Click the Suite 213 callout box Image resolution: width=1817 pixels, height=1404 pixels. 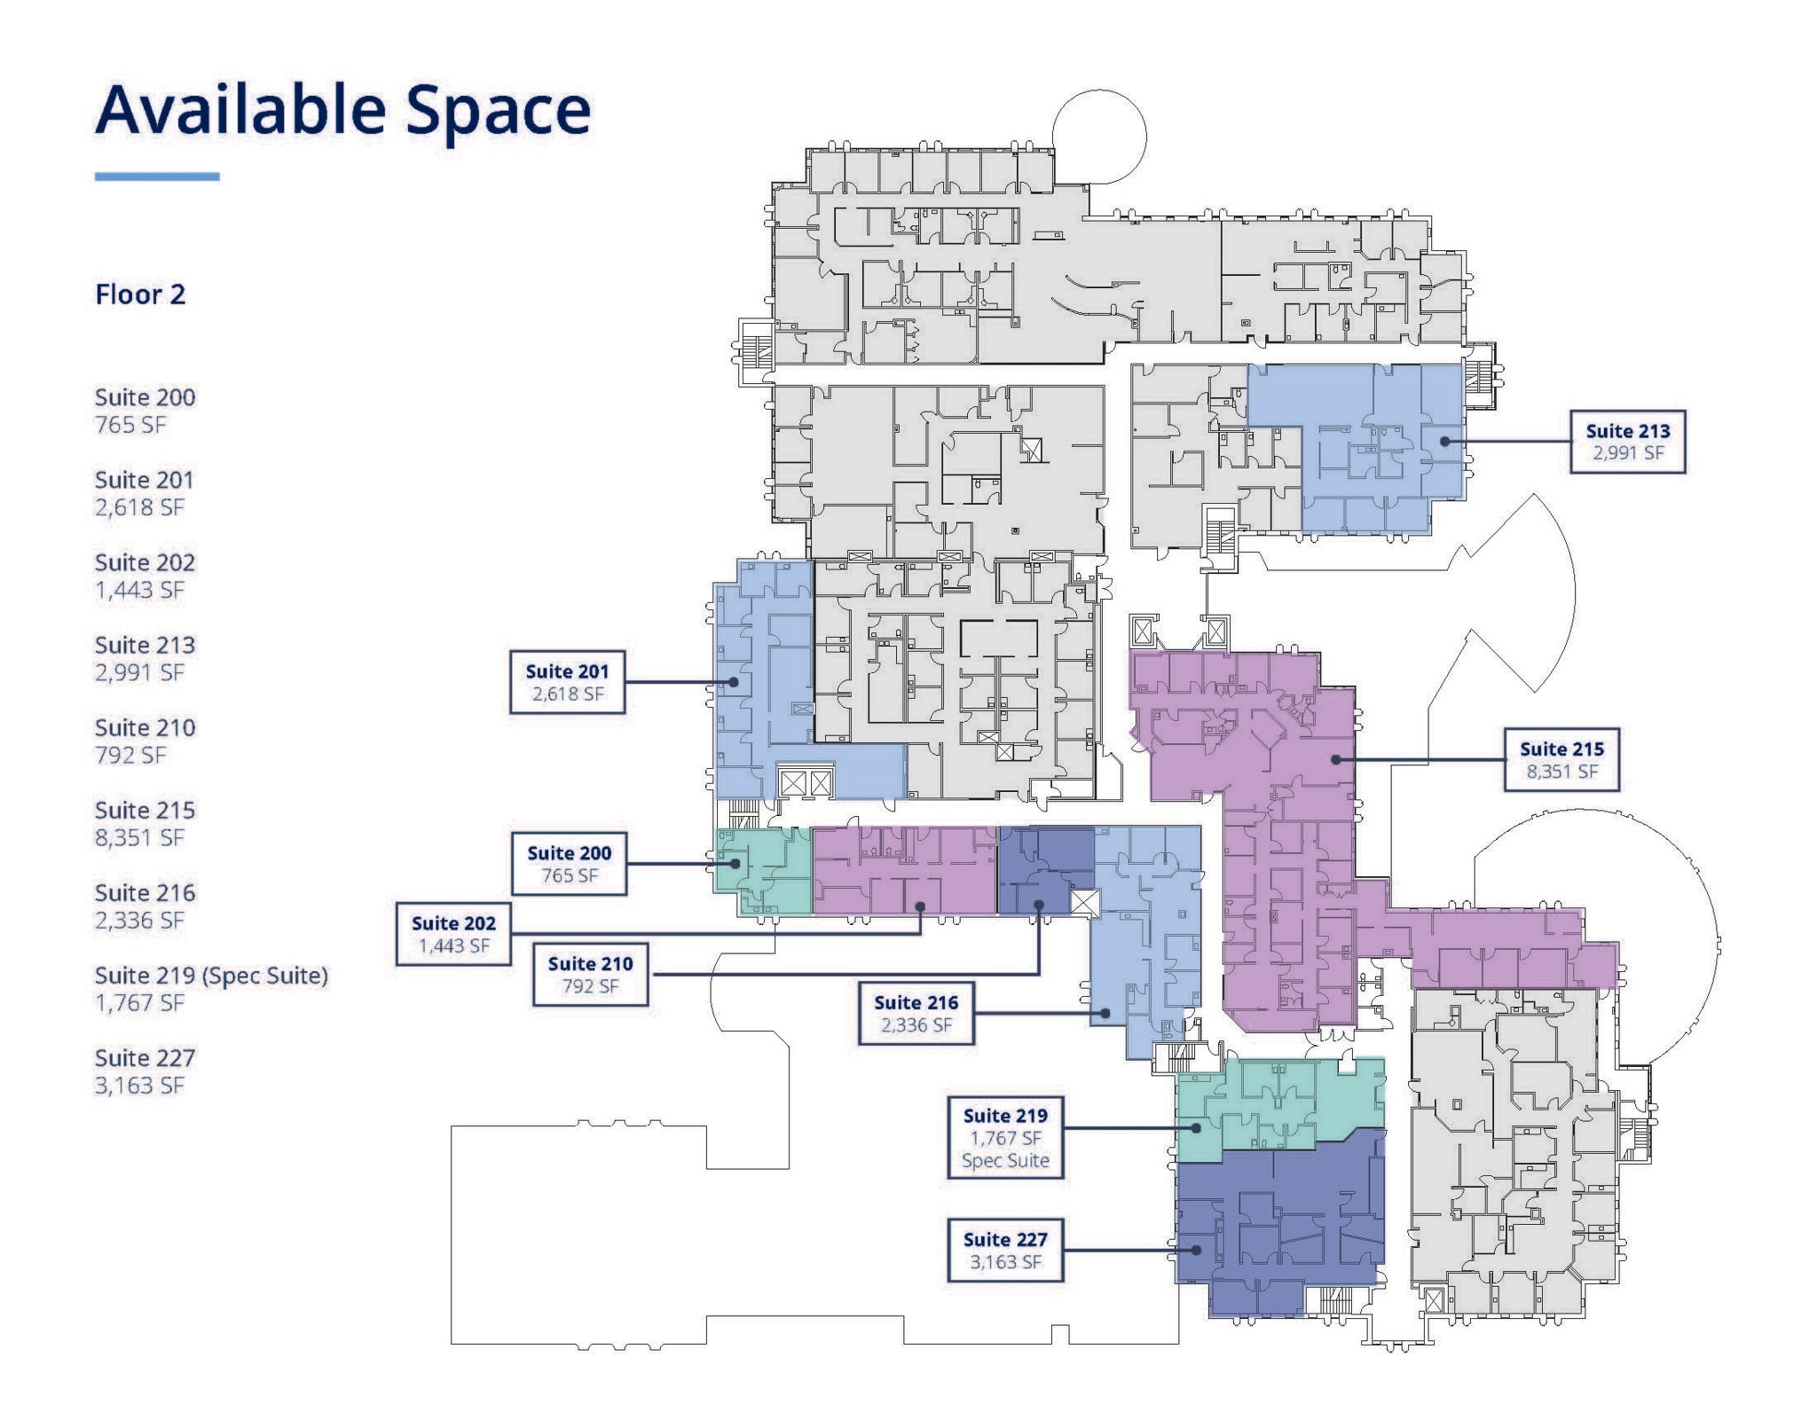click(x=1627, y=442)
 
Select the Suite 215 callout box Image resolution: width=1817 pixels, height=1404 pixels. click(x=1561, y=760)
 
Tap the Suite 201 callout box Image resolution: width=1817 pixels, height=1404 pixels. click(x=567, y=682)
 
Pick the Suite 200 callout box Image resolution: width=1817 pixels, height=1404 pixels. click(x=569, y=864)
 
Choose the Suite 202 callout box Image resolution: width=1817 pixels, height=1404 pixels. click(x=453, y=934)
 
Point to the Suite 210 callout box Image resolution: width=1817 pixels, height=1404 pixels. click(x=590, y=975)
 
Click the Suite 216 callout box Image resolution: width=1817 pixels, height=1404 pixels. click(x=916, y=1013)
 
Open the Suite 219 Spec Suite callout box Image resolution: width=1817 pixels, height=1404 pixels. click(x=1005, y=1138)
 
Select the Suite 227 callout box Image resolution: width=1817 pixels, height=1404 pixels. click(x=1005, y=1250)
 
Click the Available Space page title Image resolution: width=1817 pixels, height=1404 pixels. click(x=342, y=111)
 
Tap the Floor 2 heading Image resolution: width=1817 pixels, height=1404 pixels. click(x=140, y=294)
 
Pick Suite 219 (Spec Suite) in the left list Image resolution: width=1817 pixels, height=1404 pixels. click(x=211, y=976)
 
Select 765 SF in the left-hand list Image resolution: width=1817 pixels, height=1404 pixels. click(x=130, y=425)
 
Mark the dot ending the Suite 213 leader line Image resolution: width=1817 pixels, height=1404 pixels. click(x=1445, y=442)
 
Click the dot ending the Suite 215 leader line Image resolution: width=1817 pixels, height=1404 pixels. click(x=1336, y=760)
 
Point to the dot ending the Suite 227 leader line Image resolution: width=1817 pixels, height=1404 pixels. click(x=1197, y=1250)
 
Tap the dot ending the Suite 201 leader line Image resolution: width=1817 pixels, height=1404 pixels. click(x=734, y=682)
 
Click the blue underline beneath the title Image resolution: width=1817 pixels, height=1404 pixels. click(x=157, y=176)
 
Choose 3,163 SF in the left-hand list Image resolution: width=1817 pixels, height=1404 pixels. click(x=139, y=1086)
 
